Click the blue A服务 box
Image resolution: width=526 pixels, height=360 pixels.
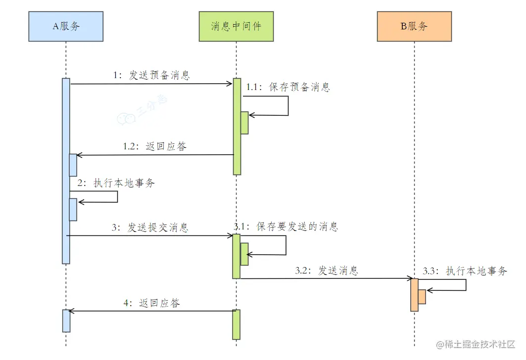tap(66, 26)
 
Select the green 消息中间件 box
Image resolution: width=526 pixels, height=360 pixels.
tap(236, 26)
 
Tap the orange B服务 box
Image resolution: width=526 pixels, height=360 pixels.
tap(414, 26)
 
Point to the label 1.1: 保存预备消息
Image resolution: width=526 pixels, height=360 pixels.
tap(288, 87)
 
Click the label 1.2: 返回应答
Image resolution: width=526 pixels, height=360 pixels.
tap(155, 146)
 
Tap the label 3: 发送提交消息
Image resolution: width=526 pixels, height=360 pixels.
tap(150, 227)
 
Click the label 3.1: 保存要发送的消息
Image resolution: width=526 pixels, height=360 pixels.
tap(286, 226)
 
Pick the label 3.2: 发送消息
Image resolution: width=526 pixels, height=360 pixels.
tap(327, 270)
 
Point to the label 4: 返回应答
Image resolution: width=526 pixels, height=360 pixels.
tap(151, 303)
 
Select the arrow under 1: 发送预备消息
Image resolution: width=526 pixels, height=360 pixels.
tap(151, 84)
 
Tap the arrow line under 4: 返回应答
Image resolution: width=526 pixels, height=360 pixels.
tap(151, 311)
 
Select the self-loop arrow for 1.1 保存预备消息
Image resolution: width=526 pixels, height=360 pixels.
tap(287, 106)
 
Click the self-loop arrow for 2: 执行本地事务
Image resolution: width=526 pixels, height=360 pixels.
tap(117, 197)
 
